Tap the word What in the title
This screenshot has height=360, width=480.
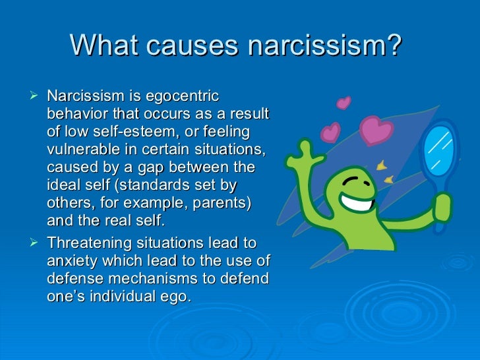[x=104, y=45]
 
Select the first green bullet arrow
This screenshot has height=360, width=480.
[x=34, y=95]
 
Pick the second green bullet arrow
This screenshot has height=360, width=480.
[x=34, y=243]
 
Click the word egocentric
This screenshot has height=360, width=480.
[x=183, y=97]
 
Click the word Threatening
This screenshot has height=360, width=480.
[x=90, y=243]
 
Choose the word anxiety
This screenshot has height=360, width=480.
[x=73, y=261]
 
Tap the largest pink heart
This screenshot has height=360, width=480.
[x=376, y=129]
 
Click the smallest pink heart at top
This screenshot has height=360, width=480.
[x=344, y=103]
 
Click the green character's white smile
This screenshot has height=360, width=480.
[x=357, y=202]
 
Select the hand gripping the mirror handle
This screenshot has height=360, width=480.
[x=442, y=207]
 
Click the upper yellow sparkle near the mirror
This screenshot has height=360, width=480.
[x=381, y=165]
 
